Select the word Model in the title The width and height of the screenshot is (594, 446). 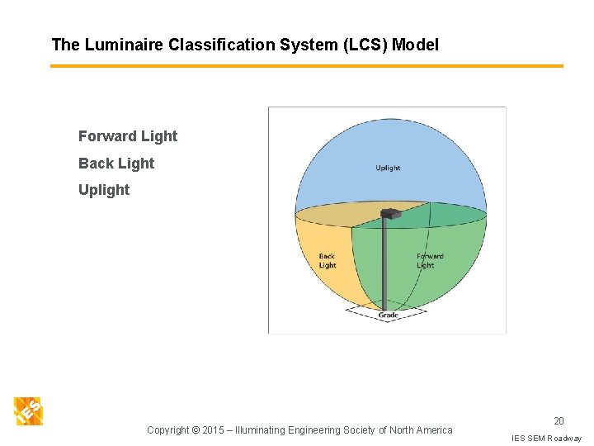415,45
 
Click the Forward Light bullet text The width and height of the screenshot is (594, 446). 128,136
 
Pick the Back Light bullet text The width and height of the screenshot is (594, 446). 116,164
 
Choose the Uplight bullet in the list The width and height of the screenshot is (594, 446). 104,190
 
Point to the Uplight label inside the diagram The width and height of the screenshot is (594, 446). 388,168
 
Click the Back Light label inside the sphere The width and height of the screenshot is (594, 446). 328,261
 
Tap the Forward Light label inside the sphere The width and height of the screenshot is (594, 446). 429,261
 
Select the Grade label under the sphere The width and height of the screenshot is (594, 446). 388,316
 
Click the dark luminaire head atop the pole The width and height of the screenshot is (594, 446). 390,214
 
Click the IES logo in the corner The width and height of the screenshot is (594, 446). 28,410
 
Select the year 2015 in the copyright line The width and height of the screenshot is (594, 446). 214,429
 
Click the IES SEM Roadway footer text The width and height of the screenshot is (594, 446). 546,438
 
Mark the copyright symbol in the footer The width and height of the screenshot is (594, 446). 196,429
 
